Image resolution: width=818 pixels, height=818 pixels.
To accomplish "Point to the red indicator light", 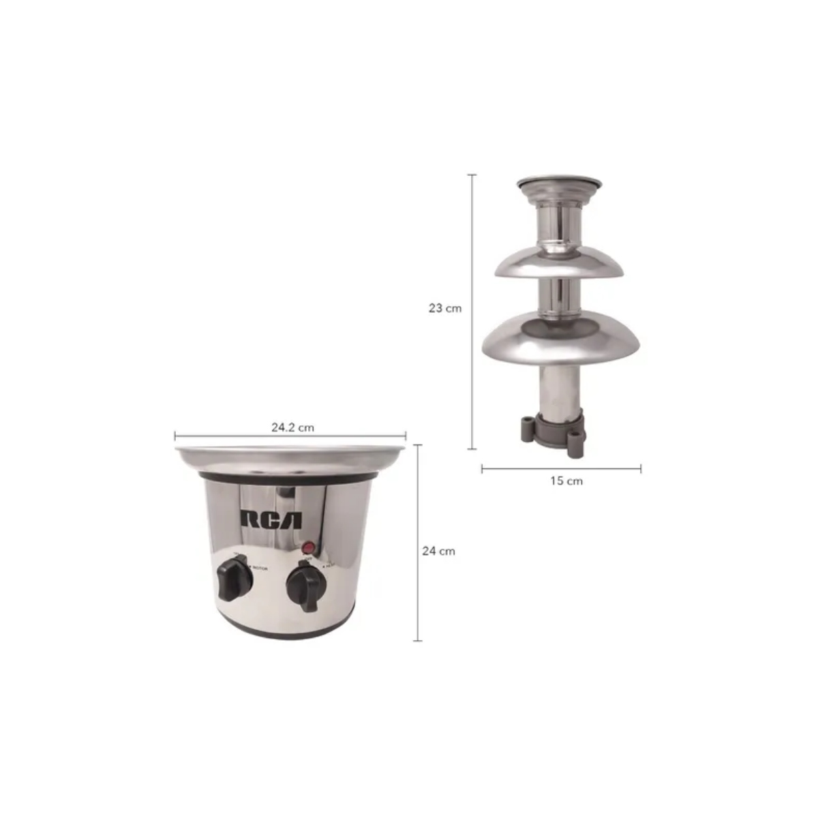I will point(308,547).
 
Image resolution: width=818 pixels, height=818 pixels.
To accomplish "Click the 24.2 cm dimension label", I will point(292,427).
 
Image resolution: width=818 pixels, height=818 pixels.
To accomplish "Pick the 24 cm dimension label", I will point(438,551).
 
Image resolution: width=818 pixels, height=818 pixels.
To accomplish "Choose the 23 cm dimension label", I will point(445,308).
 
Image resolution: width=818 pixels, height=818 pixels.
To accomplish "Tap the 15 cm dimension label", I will point(566,481).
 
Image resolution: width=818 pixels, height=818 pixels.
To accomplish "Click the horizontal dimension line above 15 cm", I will point(561,468).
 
